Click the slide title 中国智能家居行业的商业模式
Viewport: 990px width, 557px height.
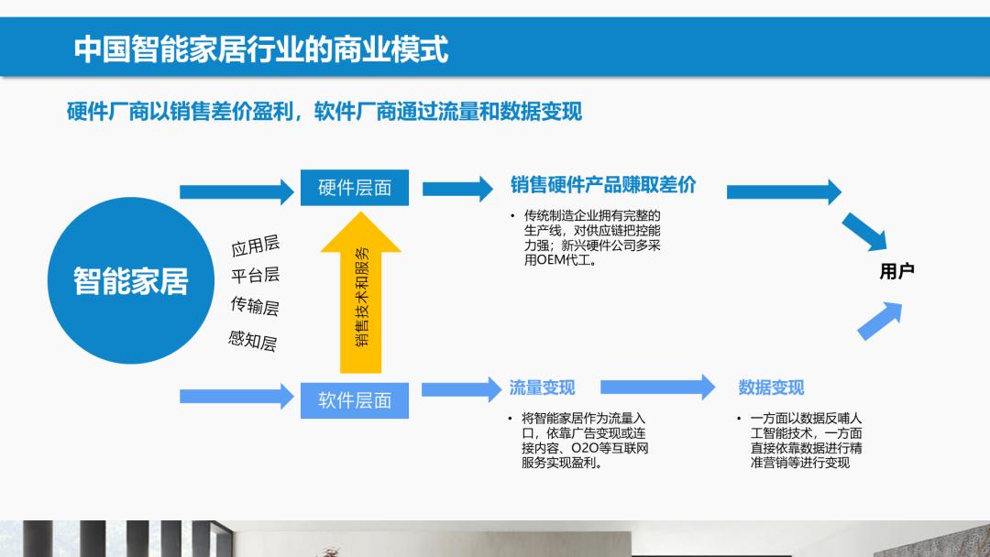pyautogui.click(x=260, y=48)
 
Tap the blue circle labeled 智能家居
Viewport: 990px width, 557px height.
pyautogui.click(x=130, y=280)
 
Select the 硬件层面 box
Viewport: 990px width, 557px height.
pyautogui.click(x=355, y=188)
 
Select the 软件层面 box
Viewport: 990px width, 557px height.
pyautogui.click(x=355, y=399)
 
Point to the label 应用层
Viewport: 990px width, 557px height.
pyautogui.click(x=256, y=246)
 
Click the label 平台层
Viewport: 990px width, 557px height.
pyautogui.click(x=256, y=275)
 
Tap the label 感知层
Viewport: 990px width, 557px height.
pyautogui.click(x=252, y=341)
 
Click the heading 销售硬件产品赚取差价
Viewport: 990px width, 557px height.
pyautogui.click(x=602, y=185)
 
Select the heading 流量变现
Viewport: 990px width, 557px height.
pyautogui.click(x=542, y=388)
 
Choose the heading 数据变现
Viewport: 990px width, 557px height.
pyautogui.click(x=771, y=388)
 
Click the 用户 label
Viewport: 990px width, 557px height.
pyautogui.click(x=896, y=271)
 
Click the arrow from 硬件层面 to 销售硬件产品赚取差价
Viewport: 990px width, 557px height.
pyautogui.click(x=458, y=189)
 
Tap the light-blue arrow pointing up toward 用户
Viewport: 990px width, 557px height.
pyautogui.click(x=878, y=321)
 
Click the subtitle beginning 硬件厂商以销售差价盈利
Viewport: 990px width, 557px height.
pyautogui.click(x=324, y=112)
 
